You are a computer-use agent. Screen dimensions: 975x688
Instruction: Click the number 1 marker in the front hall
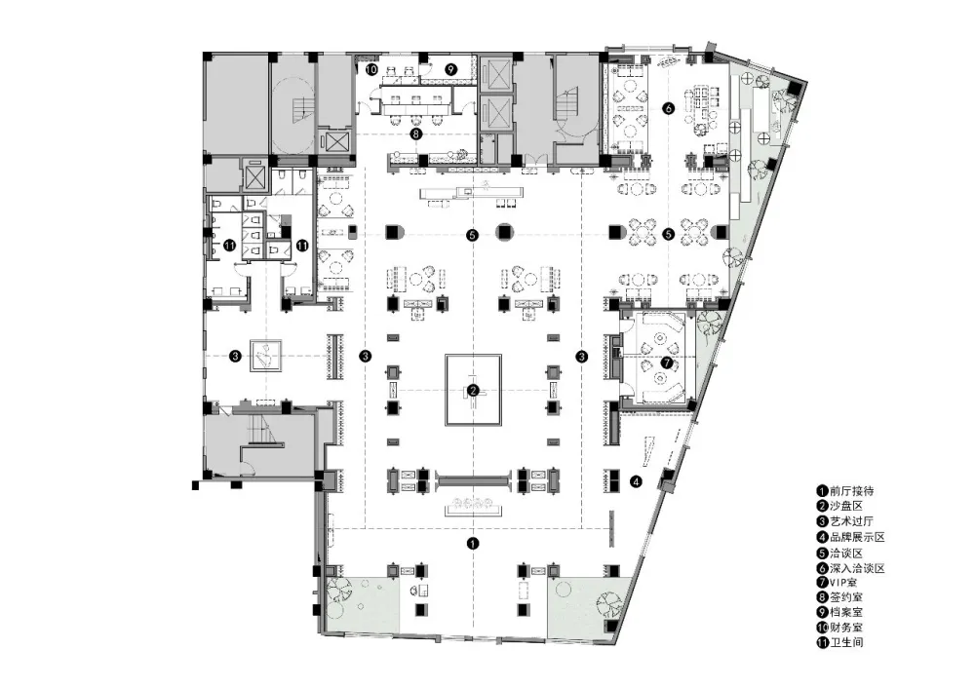pyautogui.click(x=473, y=543)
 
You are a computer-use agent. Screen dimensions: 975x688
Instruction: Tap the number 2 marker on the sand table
pyautogui.click(x=473, y=391)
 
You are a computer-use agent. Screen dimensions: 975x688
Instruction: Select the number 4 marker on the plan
pyautogui.click(x=636, y=481)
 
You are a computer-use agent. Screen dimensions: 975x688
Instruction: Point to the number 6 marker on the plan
pyautogui.click(x=669, y=108)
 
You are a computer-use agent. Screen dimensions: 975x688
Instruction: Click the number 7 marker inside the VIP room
pyautogui.click(x=667, y=363)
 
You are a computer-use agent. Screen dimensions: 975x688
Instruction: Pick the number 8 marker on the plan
pyautogui.click(x=416, y=133)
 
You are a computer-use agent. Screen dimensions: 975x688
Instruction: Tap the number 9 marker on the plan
pyautogui.click(x=451, y=69)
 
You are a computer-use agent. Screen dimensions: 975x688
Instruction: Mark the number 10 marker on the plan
pyautogui.click(x=371, y=69)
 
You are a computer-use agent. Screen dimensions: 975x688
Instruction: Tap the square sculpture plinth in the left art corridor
pyautogui.click(x=265, y=356)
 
